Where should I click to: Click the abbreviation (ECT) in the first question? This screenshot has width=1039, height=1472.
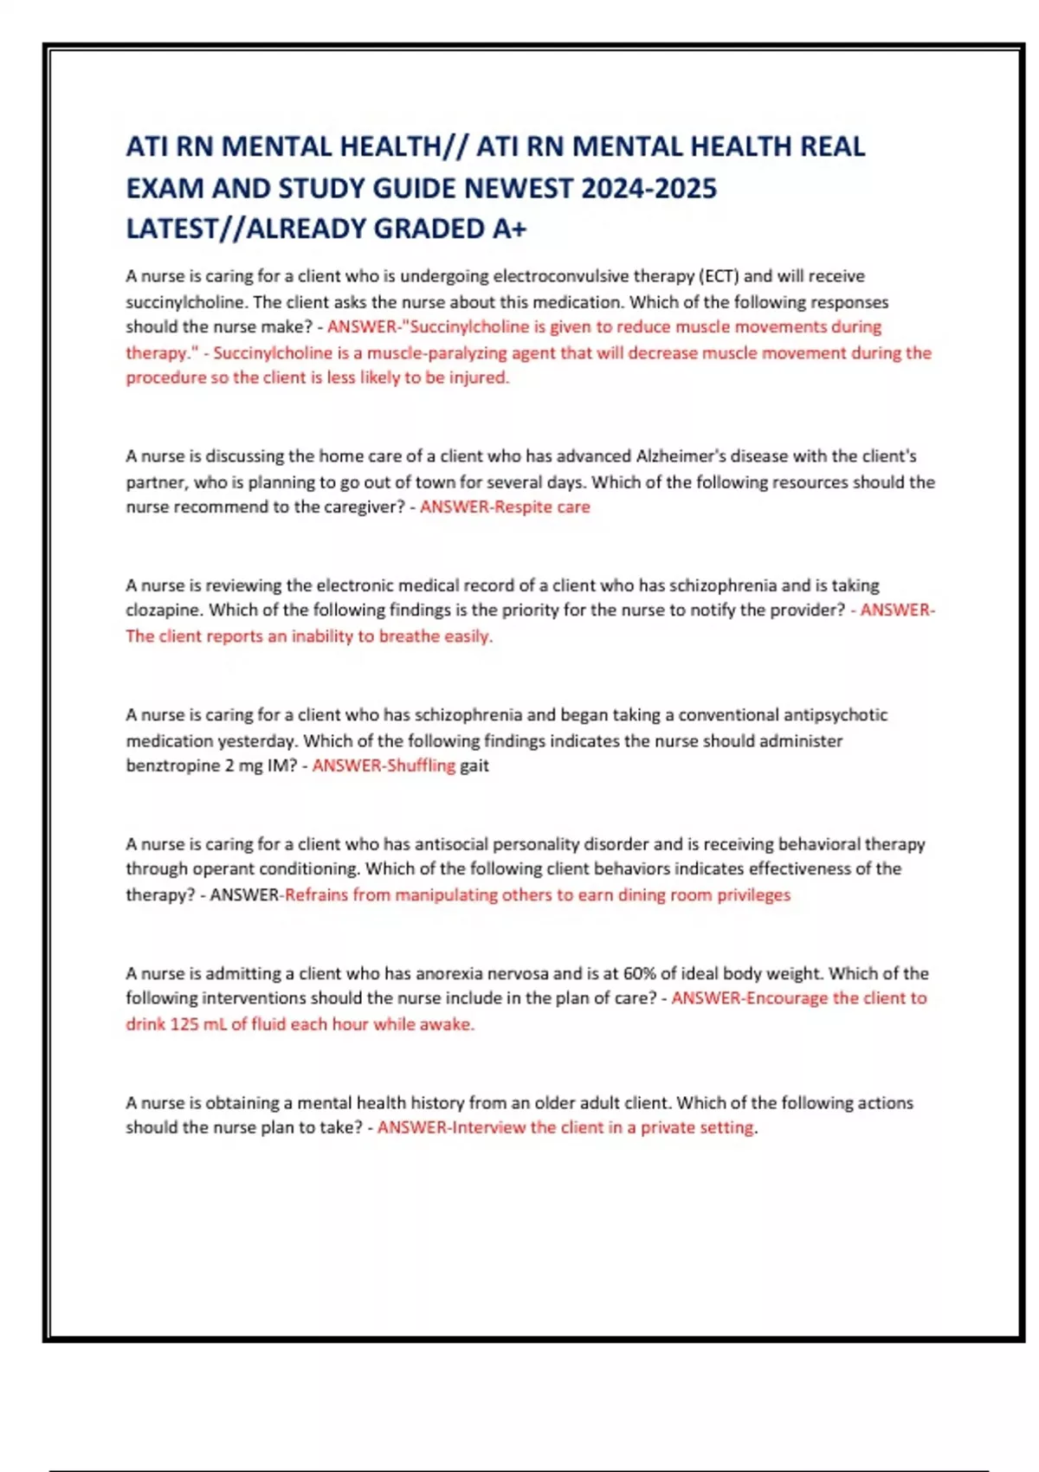click(717, 276)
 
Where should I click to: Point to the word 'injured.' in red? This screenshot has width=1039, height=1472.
click(479, 378)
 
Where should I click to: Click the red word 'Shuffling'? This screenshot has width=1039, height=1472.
click(421, 765)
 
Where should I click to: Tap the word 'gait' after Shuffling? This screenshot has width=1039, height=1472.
click(474, 765)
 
